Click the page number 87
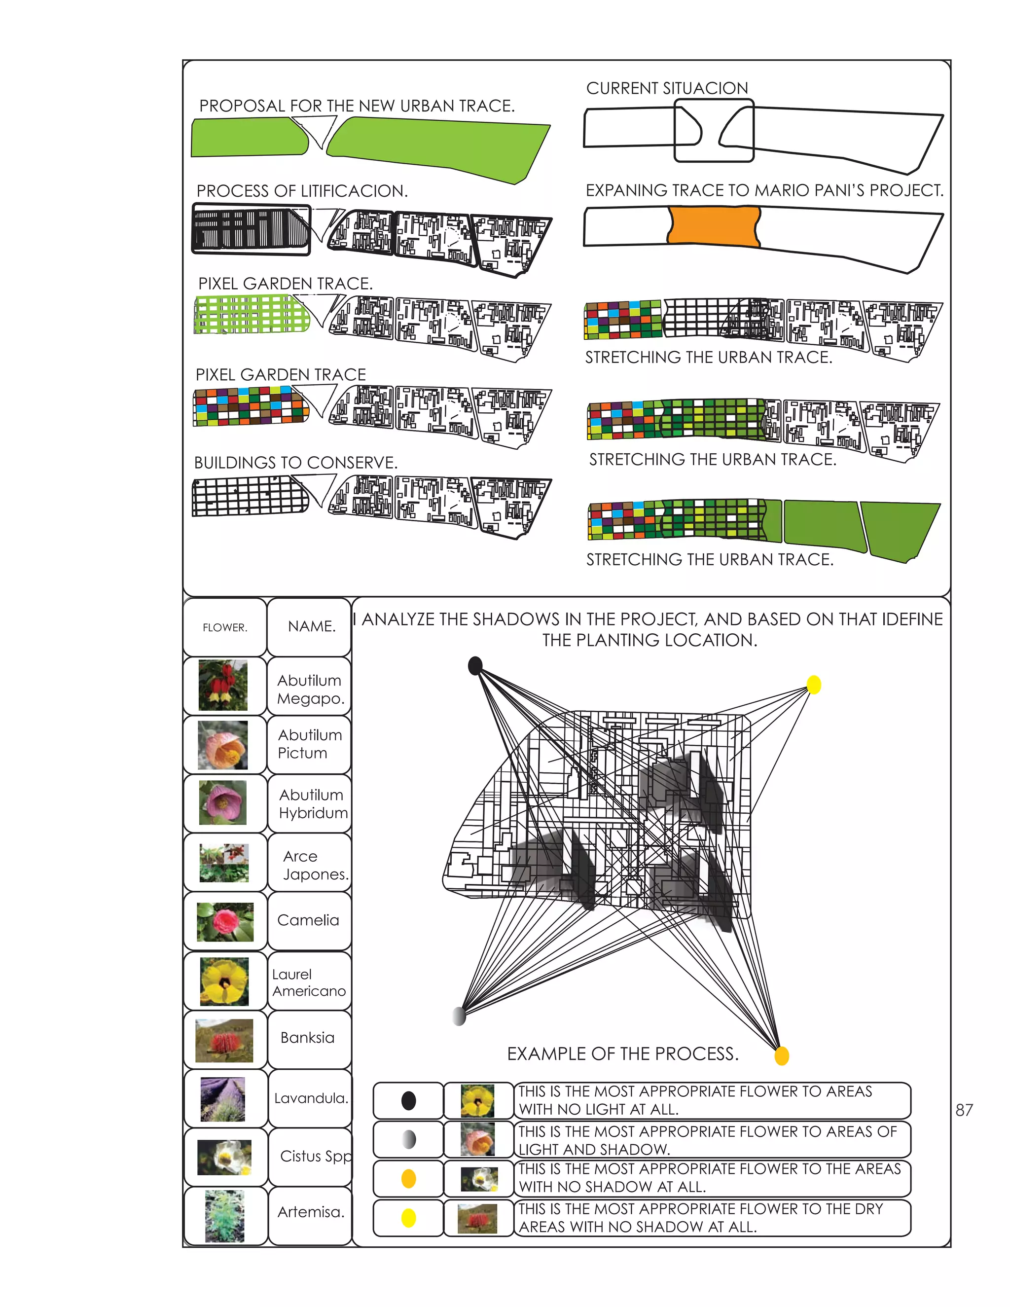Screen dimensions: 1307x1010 tap(964, 1110)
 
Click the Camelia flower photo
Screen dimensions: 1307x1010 tap(224, 922)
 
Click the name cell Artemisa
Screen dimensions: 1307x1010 tap(310, 1212)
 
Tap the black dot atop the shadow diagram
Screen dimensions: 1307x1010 tap(475, 665)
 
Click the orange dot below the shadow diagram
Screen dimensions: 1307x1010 tap(782, 1055)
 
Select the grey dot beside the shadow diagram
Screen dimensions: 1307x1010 tap(459, 1016)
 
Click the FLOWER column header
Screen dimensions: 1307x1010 tap(224, 627)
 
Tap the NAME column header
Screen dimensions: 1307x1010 tap(311, 626)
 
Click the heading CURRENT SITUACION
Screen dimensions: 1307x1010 tap(667, 88)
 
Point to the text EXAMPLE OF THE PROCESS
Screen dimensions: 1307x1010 tap(622, 1054)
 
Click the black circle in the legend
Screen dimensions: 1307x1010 tap(409, 1100)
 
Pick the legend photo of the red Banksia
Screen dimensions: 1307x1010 tap(477, 1218)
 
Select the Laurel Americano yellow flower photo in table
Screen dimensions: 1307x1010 tap(224, 981)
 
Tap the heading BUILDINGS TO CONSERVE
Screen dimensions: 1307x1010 tap(295, 463)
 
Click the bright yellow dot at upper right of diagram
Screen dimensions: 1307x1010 tap(814, 684)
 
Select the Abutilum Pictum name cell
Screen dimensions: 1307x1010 tap(309, 744)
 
